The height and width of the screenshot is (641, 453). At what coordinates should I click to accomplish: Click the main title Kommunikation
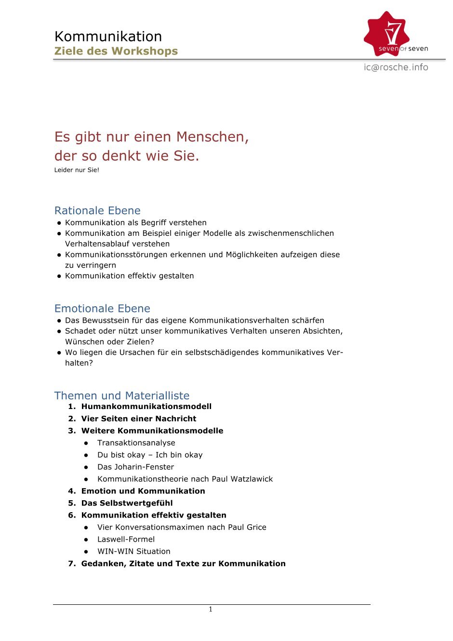[108, 37]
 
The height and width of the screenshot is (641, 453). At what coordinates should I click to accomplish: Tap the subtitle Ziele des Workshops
[116, 51]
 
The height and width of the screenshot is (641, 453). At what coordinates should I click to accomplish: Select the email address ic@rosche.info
[396, 68]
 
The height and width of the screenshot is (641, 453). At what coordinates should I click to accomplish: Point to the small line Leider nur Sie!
[77, 170]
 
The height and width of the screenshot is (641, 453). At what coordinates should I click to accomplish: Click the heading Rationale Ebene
[97, 211]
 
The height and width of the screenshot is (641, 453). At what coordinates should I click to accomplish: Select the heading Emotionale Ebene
[102, 309]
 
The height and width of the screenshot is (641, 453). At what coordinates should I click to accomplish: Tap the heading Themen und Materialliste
[122, 396]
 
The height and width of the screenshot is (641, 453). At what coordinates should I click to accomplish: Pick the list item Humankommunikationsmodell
[146, 407]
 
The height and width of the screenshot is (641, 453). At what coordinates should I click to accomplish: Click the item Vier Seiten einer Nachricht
[139, 419]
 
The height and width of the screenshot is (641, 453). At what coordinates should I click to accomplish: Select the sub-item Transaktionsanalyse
[136, 443]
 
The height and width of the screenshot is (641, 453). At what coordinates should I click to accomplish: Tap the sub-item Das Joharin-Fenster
[135, 467]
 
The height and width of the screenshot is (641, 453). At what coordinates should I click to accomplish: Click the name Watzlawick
[252, 479]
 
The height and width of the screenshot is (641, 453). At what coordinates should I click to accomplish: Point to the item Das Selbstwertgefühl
[127, 503]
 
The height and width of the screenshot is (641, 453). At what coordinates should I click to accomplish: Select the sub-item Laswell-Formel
[126, 539]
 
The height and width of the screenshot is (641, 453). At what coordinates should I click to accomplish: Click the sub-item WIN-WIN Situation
[134, 551]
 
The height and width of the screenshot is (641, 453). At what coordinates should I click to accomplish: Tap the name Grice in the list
[256, 527]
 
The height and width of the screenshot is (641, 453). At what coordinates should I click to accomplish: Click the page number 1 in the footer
[211, 610]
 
